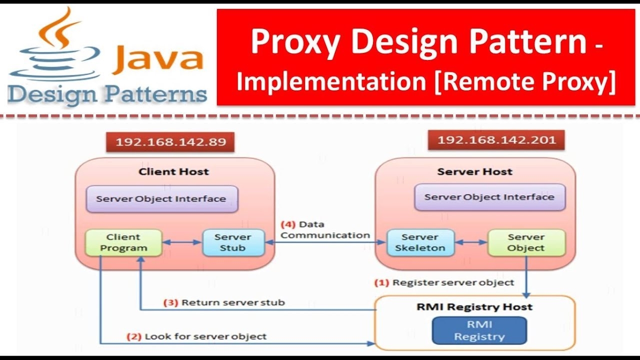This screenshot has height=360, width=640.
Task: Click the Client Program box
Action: [123, 242]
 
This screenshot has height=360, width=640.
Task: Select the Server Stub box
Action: [233, 242]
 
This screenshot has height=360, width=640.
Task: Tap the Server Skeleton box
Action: [420, 242]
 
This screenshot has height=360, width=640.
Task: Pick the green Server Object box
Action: [526, 242]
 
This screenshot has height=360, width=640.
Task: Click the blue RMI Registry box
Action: [479, 330]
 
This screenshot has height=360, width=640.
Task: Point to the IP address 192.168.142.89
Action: [171, 142]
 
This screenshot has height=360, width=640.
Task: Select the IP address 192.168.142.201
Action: [496, 140]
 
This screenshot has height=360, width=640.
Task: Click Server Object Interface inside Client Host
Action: [161, 199]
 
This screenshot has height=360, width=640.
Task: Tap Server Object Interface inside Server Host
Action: [489, 197]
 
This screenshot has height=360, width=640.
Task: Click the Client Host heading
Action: [173, 171]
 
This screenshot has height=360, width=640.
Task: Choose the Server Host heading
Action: [474, 171]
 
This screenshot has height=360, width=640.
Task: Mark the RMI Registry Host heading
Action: [474, 306]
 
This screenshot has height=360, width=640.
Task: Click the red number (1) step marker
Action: [381, 282]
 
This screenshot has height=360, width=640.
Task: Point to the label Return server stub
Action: [233, 302]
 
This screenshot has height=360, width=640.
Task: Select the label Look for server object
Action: [205, 336]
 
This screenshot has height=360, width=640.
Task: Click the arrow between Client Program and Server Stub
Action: [182, 243]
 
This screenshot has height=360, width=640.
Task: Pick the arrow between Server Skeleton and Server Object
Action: [471, 242]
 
